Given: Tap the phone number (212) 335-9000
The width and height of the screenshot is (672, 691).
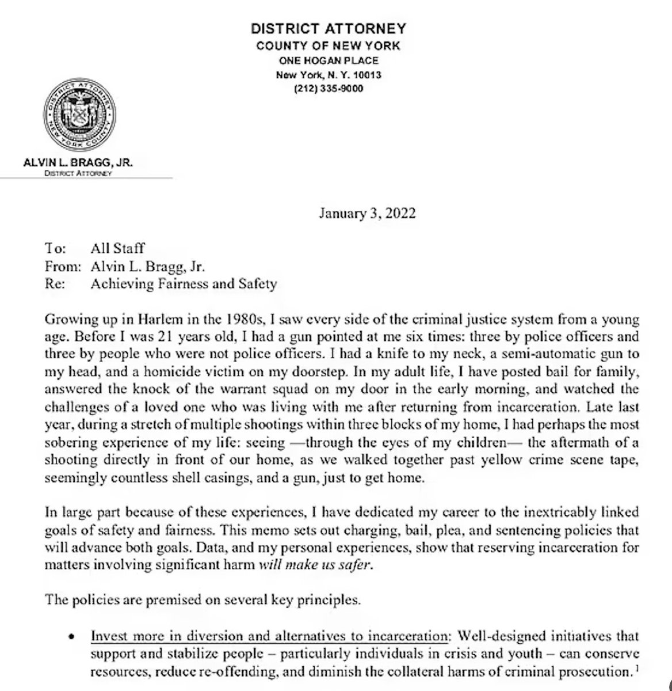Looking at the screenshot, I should [x=329, y=88].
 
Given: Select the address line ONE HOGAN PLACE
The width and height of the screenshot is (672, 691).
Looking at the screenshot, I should [x=329, y=60].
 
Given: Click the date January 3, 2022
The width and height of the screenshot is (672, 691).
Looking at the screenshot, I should [x=366, y=214].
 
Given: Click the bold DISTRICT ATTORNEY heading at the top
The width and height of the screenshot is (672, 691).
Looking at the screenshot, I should [x=329, y=28].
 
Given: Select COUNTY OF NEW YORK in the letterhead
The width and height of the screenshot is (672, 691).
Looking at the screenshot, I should [x=329, y=46].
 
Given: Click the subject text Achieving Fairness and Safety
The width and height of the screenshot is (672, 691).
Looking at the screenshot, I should [x=184, y=283].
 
